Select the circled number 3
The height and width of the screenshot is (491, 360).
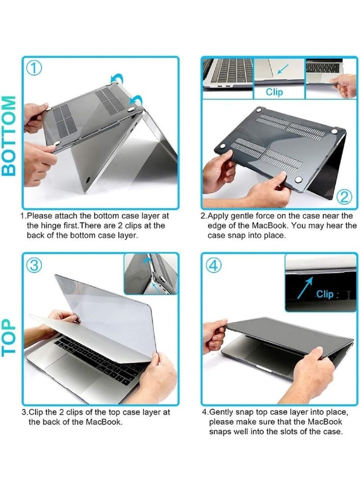click(x=34, y=266)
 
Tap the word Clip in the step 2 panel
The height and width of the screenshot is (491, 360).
click(x=274, y=92)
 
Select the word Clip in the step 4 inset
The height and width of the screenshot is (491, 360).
click(x=324, y=294)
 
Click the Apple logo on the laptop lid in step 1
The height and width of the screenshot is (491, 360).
click(x=87, y=180)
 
